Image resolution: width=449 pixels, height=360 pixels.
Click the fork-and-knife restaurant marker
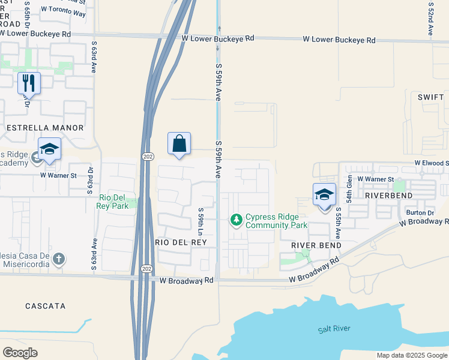(x=29, y=83)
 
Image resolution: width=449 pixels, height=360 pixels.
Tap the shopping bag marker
(x=179, y=144)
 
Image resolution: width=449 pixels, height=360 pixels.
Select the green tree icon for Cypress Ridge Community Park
(x=237, y=220)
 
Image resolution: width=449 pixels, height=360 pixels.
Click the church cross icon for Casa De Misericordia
(x=58, y=259)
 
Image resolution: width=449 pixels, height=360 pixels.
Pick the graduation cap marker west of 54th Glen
(x=324, y=196)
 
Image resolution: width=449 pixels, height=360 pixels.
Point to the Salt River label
(x=334, y=329)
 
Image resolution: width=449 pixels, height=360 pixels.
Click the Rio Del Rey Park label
(x=113, y=202)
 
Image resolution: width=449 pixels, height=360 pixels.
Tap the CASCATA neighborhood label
(x=46, y=306)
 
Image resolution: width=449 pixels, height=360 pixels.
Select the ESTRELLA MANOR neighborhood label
(x=44, y=128)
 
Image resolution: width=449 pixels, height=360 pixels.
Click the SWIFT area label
(x=430, y=97)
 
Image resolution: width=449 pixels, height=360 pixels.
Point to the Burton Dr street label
(x=420, y=212)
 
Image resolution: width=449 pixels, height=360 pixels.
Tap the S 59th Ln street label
(x=201, y=221)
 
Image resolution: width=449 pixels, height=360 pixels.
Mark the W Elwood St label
(x=431, y=163)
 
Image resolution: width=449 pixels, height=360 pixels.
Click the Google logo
(x=20, y=352)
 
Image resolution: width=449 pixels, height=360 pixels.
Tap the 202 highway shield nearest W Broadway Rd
(x=146, y=268)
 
